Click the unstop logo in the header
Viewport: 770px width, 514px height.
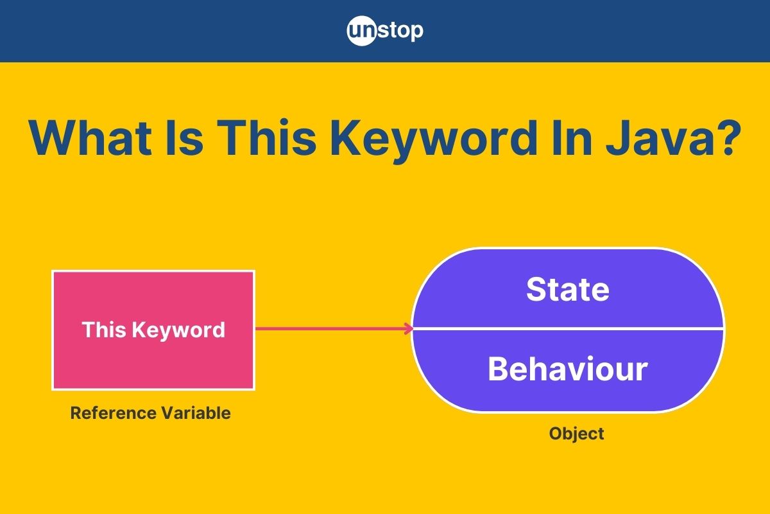(x=385, y=31)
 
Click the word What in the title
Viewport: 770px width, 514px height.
(x=90, y=137)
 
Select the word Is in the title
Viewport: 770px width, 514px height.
(x=185, y=137)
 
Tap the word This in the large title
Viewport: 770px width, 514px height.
(x=266, y=137)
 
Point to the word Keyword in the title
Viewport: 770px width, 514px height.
(x=434, y=141)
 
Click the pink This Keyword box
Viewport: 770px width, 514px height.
(x=153, y=330)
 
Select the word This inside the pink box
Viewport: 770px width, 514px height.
(x=104, y=330)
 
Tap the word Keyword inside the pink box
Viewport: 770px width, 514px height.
(x=178, y=330)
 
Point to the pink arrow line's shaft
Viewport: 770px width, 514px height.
(x=334, y=329)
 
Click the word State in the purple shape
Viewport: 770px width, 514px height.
(x=568, y=289)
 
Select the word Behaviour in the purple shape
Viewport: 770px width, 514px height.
(x=568, y=369)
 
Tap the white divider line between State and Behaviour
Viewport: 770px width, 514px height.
(x=568, y=329)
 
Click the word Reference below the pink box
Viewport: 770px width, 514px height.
(x=113, y=412)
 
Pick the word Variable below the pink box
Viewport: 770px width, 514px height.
(x=196, y=412)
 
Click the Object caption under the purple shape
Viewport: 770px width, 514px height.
(x=576, y=434)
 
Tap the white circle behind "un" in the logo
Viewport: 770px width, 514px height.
(x=362, y=31)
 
